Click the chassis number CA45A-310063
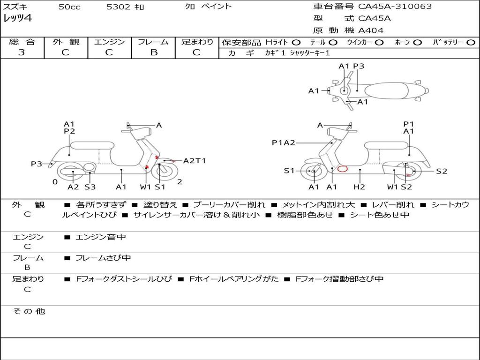click(x=395, y=7)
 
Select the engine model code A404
click(x=371, y=30)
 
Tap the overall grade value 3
click(x=22, y=52)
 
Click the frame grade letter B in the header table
click(x=154, y=52)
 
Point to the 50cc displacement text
click(x=69, y=7)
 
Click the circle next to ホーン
click(x=417, y=43)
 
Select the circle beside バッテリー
click(x=471, y=43)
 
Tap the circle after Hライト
click(x=296, y=43)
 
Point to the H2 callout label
click(x=359, y=187)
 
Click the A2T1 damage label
click(x=195, y=161)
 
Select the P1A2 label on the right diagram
click(x=284, y=142)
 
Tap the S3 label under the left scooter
click(x=90, y=187)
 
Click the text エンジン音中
click(x=101, y=237)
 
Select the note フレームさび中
click(x=103, y=258)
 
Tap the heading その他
click(x=29, y=311)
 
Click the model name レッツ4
click(x=17, y=18)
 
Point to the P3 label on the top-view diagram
click(x=359, y=66)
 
